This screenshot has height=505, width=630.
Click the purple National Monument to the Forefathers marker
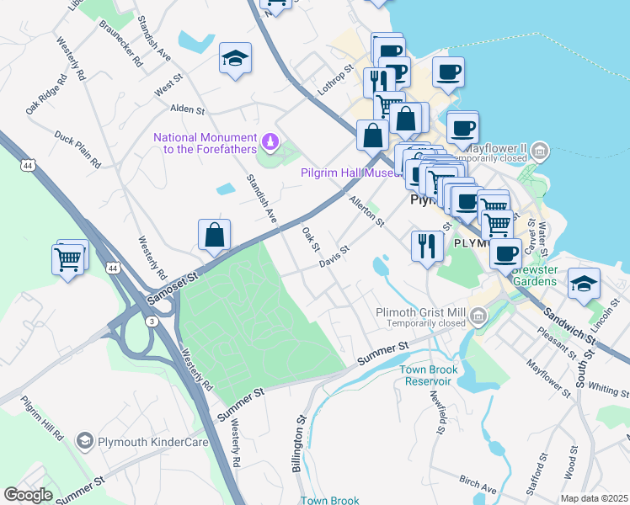270,141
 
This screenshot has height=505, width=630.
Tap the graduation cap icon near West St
236,58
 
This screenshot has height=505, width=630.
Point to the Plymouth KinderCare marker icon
83,441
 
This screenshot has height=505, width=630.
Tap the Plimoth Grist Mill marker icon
478,317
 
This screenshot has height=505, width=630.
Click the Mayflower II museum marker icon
540,151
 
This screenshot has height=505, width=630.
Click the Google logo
29,495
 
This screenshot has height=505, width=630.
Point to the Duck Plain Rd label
77,147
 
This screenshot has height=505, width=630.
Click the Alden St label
188,109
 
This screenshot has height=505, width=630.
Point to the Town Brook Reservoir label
429,375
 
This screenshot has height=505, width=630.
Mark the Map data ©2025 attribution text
594,498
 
